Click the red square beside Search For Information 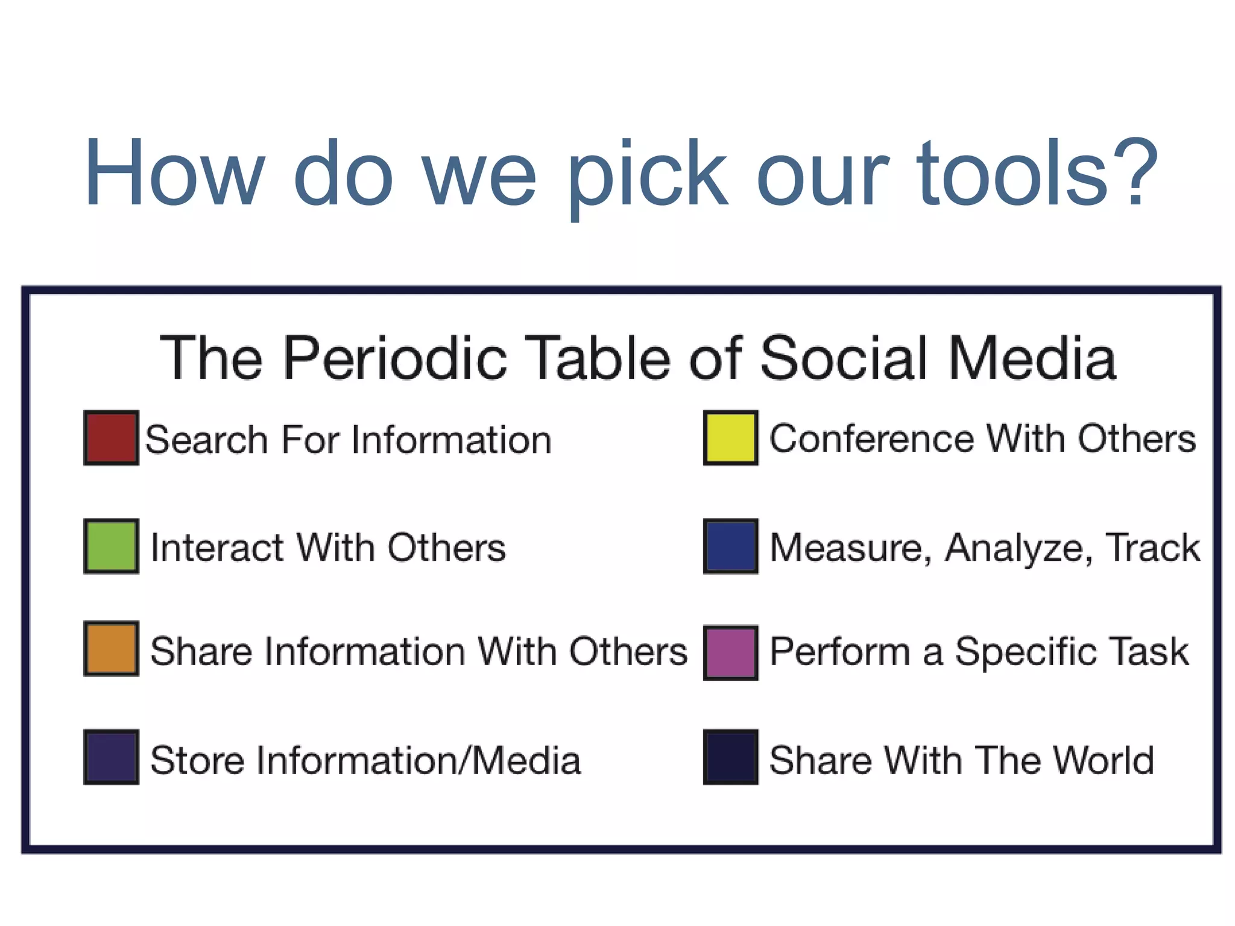pyautogui.click(x=111, y=438)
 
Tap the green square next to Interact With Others pyautogui.click(x=111, y=546)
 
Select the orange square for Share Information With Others pyautogui.click(x=111, y=649)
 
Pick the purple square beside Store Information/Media pyautogui.click(x=111, y=757)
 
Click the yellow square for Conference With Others pyautogui.click(x=730, y=438)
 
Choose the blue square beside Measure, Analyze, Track pyautogui.click(x=730, y=546)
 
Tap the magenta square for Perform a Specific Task pyautogui.click(x=730, y=653)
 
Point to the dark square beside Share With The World pyautogui.click(x=730, y=757)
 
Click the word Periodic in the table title pyautogui.click(x=395, y=359)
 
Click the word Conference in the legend pyautogui.click(x=871, y=438)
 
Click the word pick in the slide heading pyautogui.click(x=648, y=175)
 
